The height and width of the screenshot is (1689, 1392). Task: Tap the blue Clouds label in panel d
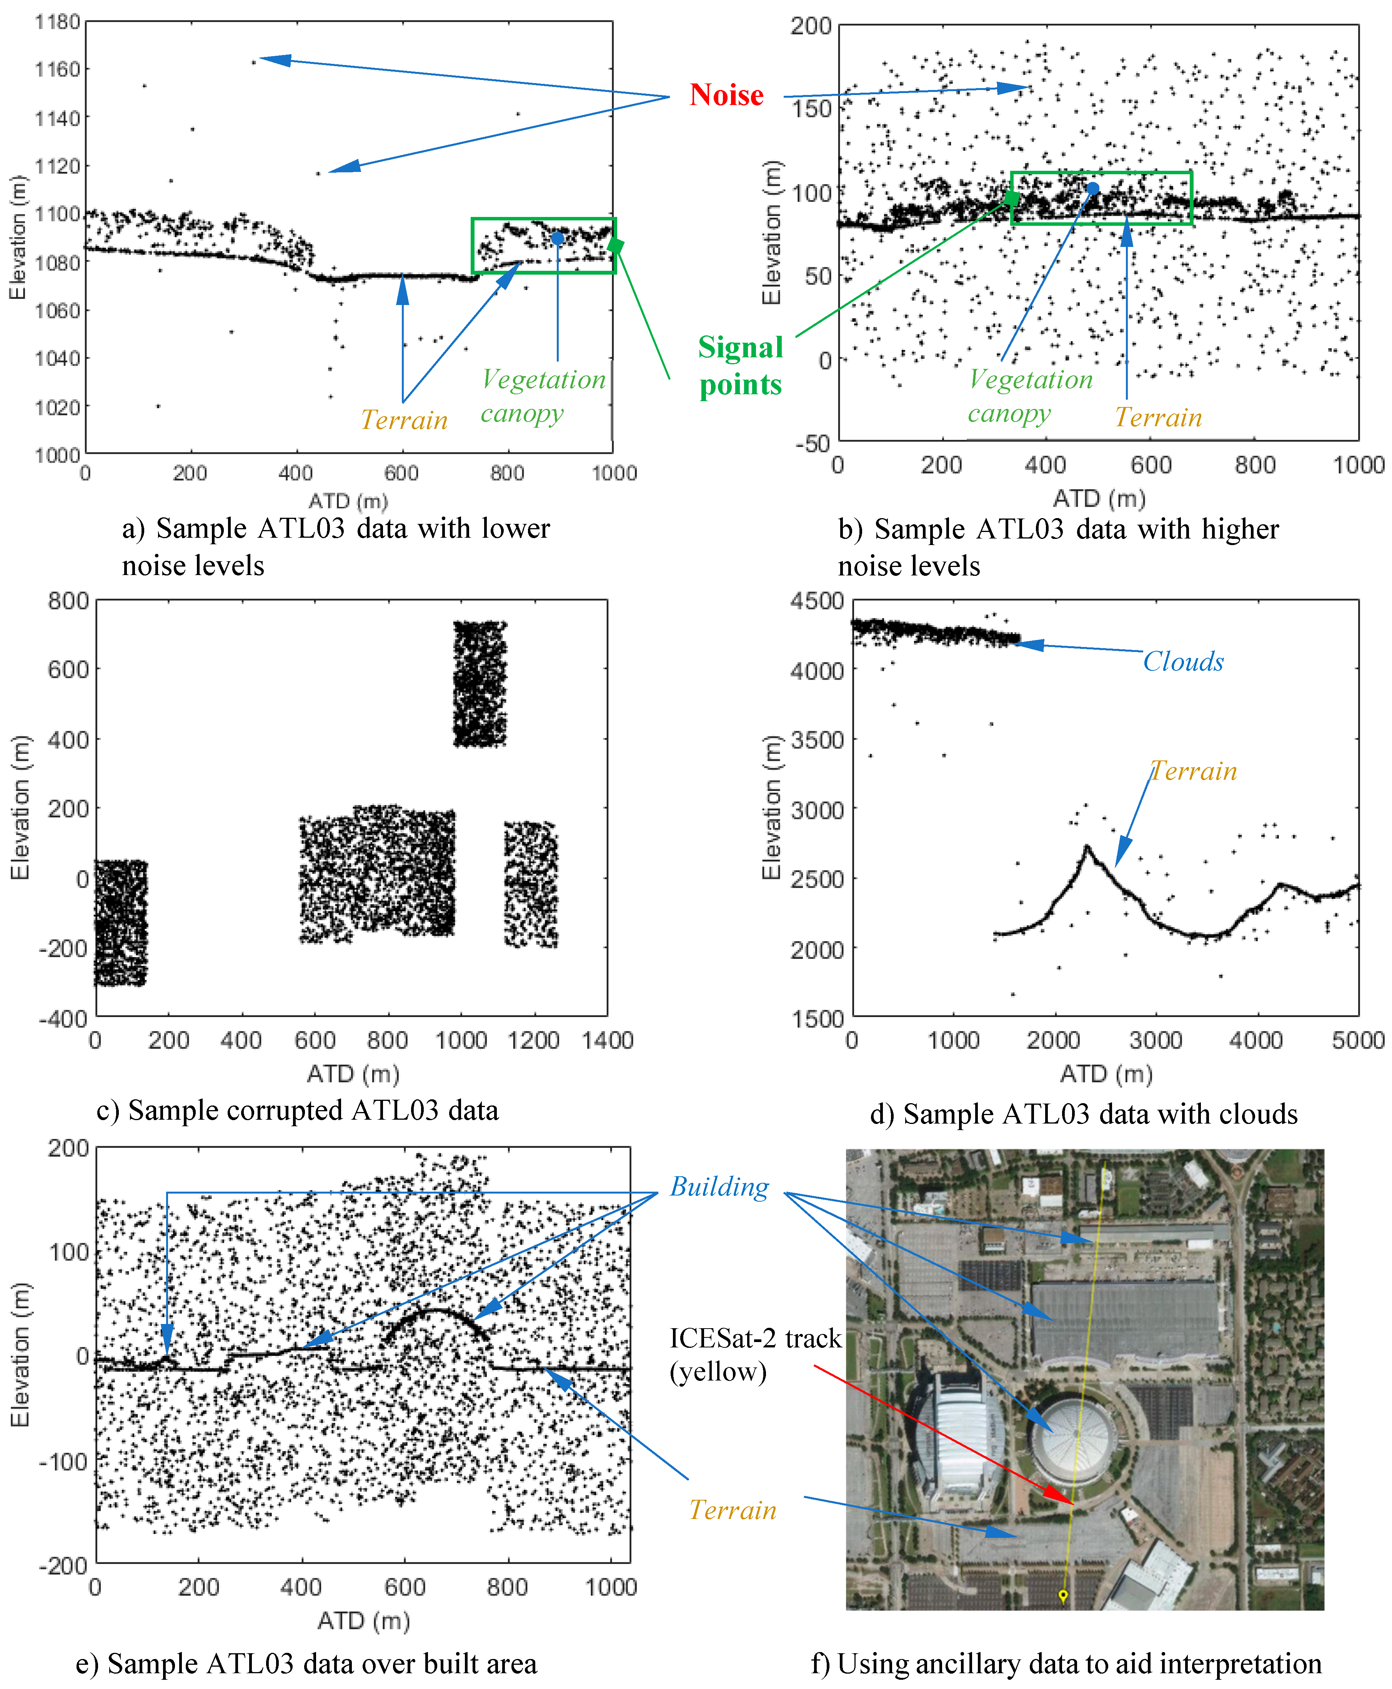click(1183, 662)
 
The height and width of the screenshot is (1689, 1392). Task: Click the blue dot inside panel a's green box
click(557, 238)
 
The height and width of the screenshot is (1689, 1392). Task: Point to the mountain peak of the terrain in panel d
click(1087, 846)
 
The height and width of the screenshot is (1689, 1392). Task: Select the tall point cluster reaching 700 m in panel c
click(480, 683)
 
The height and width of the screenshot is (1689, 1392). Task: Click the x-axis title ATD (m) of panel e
click(363, 1621)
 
